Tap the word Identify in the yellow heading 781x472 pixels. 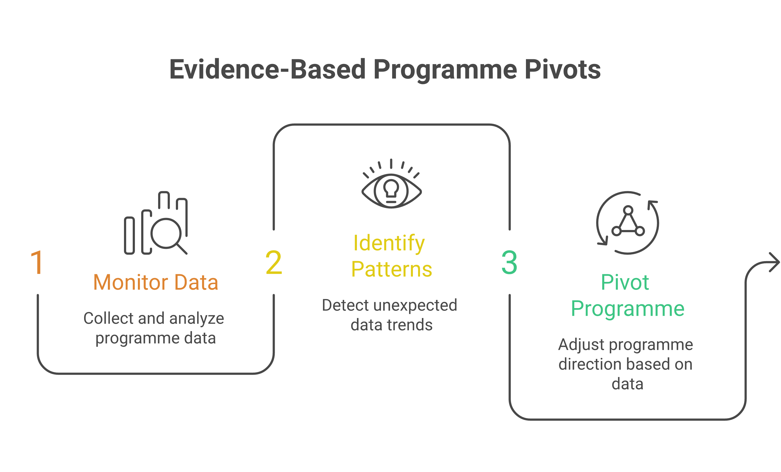(x=389, y=243)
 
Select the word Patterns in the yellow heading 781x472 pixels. (x=391, y=269)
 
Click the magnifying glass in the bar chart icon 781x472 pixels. (x=166, y=234)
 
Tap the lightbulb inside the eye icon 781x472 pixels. (x=391, y=189)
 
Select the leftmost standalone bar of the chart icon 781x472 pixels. (x=129, y=235)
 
